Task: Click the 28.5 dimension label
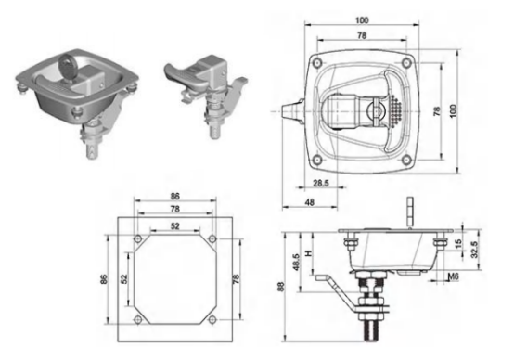(x=320, y=183)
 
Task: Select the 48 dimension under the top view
(x=310, y=202)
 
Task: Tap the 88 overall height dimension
(x=281, y=287)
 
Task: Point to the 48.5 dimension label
(x=296, y=263)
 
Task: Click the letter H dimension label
(x=308, y=253)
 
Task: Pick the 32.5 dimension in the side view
(x=475, y=250)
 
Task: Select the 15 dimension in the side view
(x=458, y=243)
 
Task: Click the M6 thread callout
(x=453, y=277)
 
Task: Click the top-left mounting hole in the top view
(x=317, y=62)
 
